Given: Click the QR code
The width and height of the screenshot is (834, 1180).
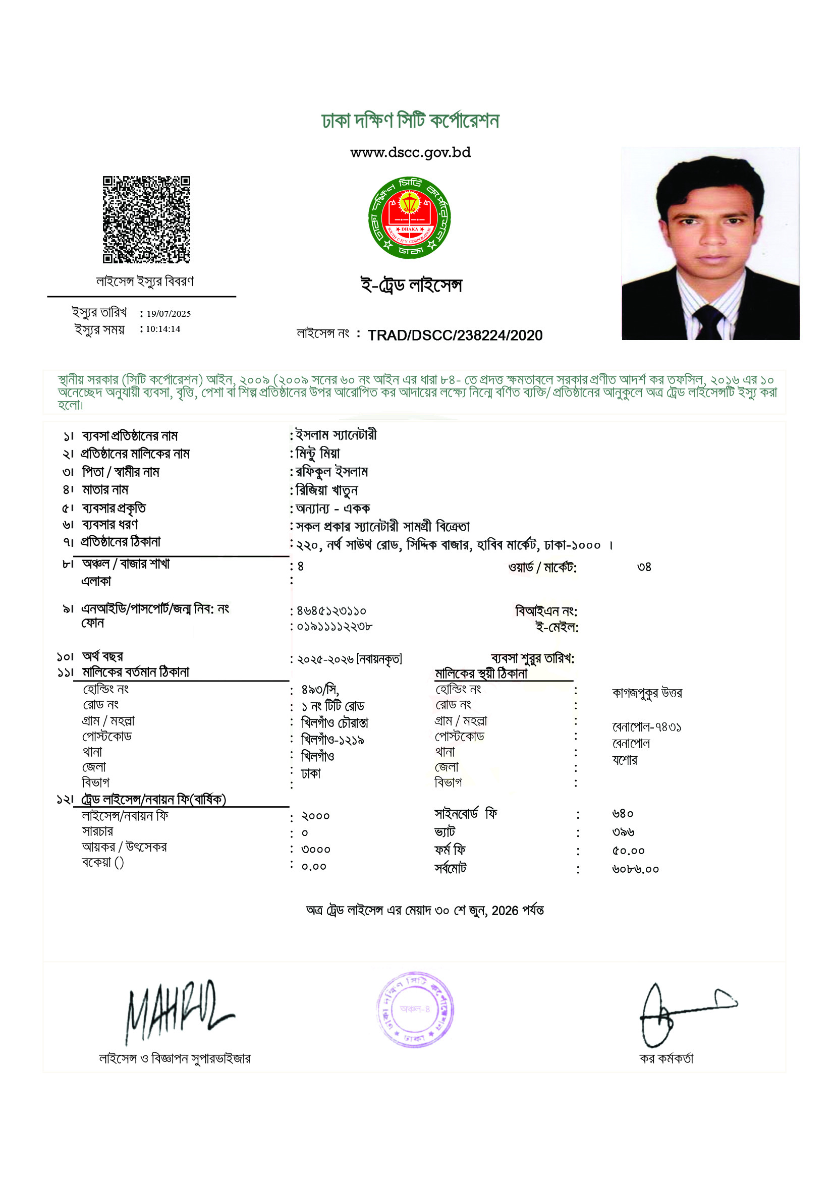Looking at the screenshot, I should tap(146, 219).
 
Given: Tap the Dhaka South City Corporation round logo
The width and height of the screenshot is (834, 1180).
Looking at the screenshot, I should tap(410, 217).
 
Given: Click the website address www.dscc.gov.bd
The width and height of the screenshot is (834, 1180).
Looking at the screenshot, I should tap(410, 153).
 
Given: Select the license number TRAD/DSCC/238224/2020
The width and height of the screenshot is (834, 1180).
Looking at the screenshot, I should tap(455, 335).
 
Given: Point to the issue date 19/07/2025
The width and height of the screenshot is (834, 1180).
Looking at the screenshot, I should tap(169, 313).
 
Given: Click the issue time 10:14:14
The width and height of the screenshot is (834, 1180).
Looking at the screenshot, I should tap(163, 329).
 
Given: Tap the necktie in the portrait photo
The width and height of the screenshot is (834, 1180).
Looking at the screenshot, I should tap(710, 321).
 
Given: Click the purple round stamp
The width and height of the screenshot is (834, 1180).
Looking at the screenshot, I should tap(415, 1009).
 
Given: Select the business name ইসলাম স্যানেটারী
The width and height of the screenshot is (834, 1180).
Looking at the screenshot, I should tap(337, 435).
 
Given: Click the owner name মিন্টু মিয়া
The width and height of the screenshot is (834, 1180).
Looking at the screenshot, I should tap(318, 454).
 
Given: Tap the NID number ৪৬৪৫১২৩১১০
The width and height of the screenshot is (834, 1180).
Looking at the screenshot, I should tap(331, 611).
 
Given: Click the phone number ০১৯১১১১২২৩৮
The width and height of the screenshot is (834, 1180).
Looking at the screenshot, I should tap(335, 627).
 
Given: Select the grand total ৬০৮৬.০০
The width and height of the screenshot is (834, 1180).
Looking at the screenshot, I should tap(635, 869).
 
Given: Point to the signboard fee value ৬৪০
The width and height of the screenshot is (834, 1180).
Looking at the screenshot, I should tap(623, 814).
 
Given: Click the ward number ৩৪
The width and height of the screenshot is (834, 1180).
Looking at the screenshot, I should tap(644, 567).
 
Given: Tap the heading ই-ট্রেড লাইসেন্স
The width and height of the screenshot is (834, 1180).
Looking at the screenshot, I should tap(411, 285).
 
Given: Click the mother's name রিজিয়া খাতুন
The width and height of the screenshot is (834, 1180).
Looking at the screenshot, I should tap(327, 490).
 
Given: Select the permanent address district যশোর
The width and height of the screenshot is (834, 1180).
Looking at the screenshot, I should tap(624, 760).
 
